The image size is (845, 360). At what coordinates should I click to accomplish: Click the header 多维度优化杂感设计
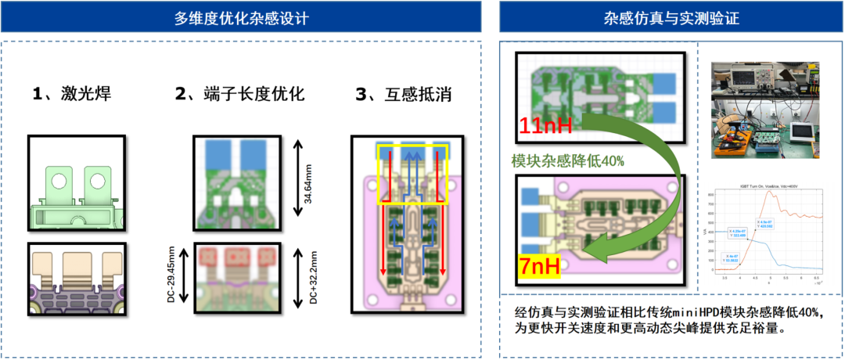[x=241, y=17]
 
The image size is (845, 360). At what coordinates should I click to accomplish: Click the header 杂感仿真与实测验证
[x=671, y=17]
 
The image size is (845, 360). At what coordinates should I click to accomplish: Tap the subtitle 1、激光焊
[x=71, y=95]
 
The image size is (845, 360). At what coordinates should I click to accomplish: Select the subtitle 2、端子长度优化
[x=239, y=95]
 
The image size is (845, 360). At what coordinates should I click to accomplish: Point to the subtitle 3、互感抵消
[x=404, y=95]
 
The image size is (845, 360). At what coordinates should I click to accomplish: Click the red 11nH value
[x=545, y=124]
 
